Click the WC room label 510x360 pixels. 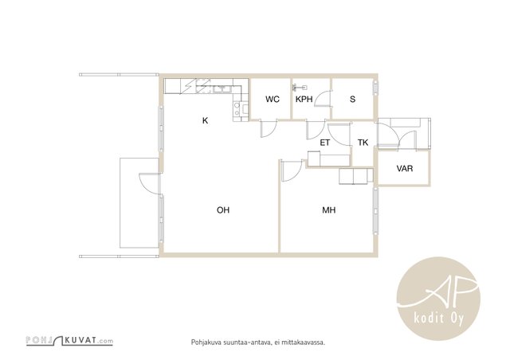(273, 100)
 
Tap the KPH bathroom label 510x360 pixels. (304, 100)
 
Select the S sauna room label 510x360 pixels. (352, 100)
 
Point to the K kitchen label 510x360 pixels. (205, 120)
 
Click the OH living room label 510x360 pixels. (223, 210)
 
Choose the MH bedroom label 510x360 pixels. (329, 210)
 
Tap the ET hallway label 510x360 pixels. (325, 143)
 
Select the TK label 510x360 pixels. (363, 143)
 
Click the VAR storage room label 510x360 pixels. (405, 169)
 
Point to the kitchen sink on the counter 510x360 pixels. (222, 88)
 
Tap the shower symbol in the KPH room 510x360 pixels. (300, 87)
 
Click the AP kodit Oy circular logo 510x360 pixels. (438, 299)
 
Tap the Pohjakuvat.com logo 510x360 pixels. (69, 341)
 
